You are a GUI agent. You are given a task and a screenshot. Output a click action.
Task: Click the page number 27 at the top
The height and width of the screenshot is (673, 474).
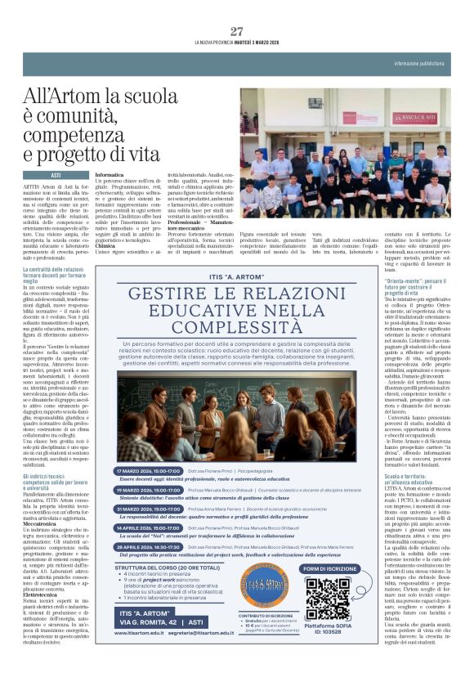[237, 31]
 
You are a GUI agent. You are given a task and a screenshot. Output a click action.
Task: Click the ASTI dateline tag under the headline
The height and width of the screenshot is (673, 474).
[56, 175]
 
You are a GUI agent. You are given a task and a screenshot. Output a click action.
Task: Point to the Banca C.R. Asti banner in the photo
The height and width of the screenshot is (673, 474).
[414, 118]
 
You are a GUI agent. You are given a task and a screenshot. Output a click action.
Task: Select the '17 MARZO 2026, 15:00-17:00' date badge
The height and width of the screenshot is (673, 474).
[150, 472]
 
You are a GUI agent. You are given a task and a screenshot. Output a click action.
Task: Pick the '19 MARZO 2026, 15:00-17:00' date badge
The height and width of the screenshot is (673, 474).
[150, 490]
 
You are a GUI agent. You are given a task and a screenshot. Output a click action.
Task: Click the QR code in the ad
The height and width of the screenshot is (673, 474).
[329, 599]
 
